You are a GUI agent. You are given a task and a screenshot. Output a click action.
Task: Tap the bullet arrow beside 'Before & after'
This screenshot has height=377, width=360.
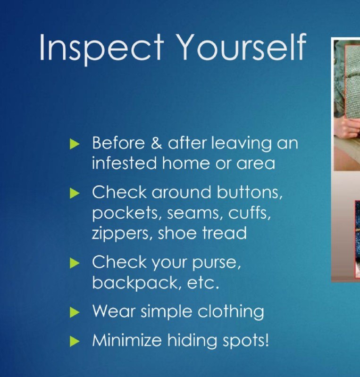point(75,144)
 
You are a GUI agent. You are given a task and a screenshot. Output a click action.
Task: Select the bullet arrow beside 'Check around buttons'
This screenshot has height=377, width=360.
point(75,193)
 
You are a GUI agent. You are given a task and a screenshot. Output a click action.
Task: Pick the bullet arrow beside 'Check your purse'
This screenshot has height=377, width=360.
point(75,263)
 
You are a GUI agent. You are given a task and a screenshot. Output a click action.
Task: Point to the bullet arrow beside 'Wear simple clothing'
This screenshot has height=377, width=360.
point(75,312)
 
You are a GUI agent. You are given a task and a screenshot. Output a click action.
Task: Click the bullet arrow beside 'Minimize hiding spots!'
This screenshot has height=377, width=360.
point(75,341)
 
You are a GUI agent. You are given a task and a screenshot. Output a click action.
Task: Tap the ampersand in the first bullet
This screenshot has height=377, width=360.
point(157,143)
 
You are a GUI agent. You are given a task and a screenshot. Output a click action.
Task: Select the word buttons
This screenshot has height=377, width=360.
point(250,192)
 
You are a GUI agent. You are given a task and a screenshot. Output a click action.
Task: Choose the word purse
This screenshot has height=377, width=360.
point(217,262)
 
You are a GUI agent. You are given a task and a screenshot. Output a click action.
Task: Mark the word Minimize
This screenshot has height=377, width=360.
point(127,340)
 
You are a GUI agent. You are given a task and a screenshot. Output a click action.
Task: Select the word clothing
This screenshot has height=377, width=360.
point(231,312)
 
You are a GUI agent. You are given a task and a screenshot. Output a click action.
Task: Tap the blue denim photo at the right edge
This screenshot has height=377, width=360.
point(357,238)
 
